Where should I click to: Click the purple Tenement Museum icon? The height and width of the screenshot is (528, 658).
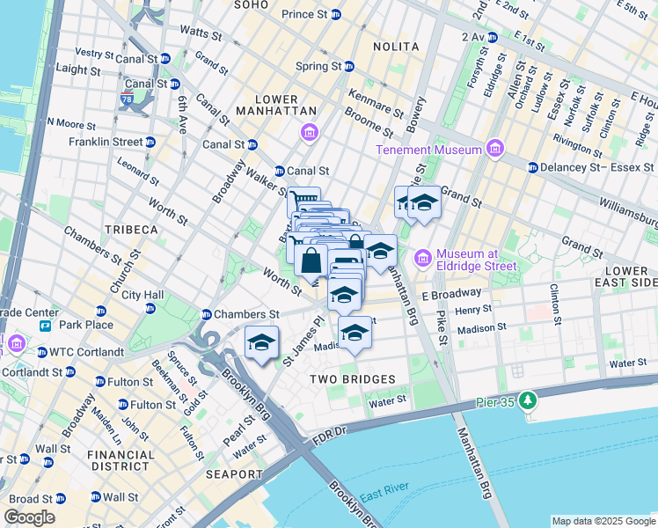tap(494, 150)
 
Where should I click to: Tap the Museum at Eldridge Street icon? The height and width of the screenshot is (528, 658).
tap(423, 258)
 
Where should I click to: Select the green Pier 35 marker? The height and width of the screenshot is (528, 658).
tap(527, 401)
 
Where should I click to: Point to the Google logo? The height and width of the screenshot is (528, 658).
tap(29, 517)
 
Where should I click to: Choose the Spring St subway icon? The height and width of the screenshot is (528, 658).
tap(349, 66)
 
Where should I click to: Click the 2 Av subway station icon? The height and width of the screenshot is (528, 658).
tap(492, 37)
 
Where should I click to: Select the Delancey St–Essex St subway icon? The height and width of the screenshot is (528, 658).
tap(532, 167)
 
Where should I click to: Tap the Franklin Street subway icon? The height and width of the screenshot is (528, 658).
tap(150, 142)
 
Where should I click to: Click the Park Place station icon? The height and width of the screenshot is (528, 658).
tap(44, 326)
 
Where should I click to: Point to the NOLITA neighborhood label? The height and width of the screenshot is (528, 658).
tap(395, 46)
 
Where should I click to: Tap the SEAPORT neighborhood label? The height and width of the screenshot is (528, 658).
tap(235, 474)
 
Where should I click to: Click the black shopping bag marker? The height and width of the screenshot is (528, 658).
tap(311, 260)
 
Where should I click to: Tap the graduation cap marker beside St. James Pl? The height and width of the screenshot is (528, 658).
tap(261, 343)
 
